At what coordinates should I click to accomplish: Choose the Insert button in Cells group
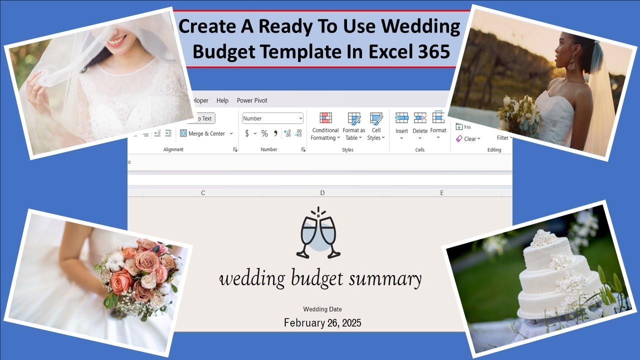pyautogui.click(x=401, y=125)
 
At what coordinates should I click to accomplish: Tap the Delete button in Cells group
pyautogui.click(x=420, y=125)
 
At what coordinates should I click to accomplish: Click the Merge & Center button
pyautogui.click(x=206, y=133)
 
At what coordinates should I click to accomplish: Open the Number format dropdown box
pyautogui.click(x=272, y=118)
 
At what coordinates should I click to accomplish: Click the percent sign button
pyautogui.click(x=264, y=133)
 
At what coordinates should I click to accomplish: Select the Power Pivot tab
pyautogui.click(x=252, y=100)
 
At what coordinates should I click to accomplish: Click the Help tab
pyautogui.click(x=222, y=100)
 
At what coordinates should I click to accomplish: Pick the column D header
pyautogui.click(x=322, y=193)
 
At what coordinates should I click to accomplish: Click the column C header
pyautogui.click(x=203, y=193)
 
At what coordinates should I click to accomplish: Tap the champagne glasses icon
pyautogui.click(x=318, y=233)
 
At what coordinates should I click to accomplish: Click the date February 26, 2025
pyautogui.click(x=322, y=323)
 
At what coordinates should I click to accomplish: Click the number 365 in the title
pyautogui.click(x=431, y=52)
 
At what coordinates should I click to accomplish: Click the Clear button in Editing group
pyautogui.click(x=468, y=138)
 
